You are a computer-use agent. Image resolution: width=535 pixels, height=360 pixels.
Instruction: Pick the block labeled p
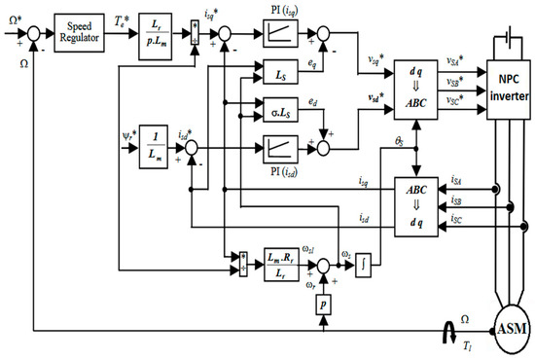point(321,306)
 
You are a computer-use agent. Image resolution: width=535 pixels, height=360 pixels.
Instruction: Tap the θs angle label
point(399,143)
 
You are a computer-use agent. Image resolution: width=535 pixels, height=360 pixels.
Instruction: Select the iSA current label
point(457,181)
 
